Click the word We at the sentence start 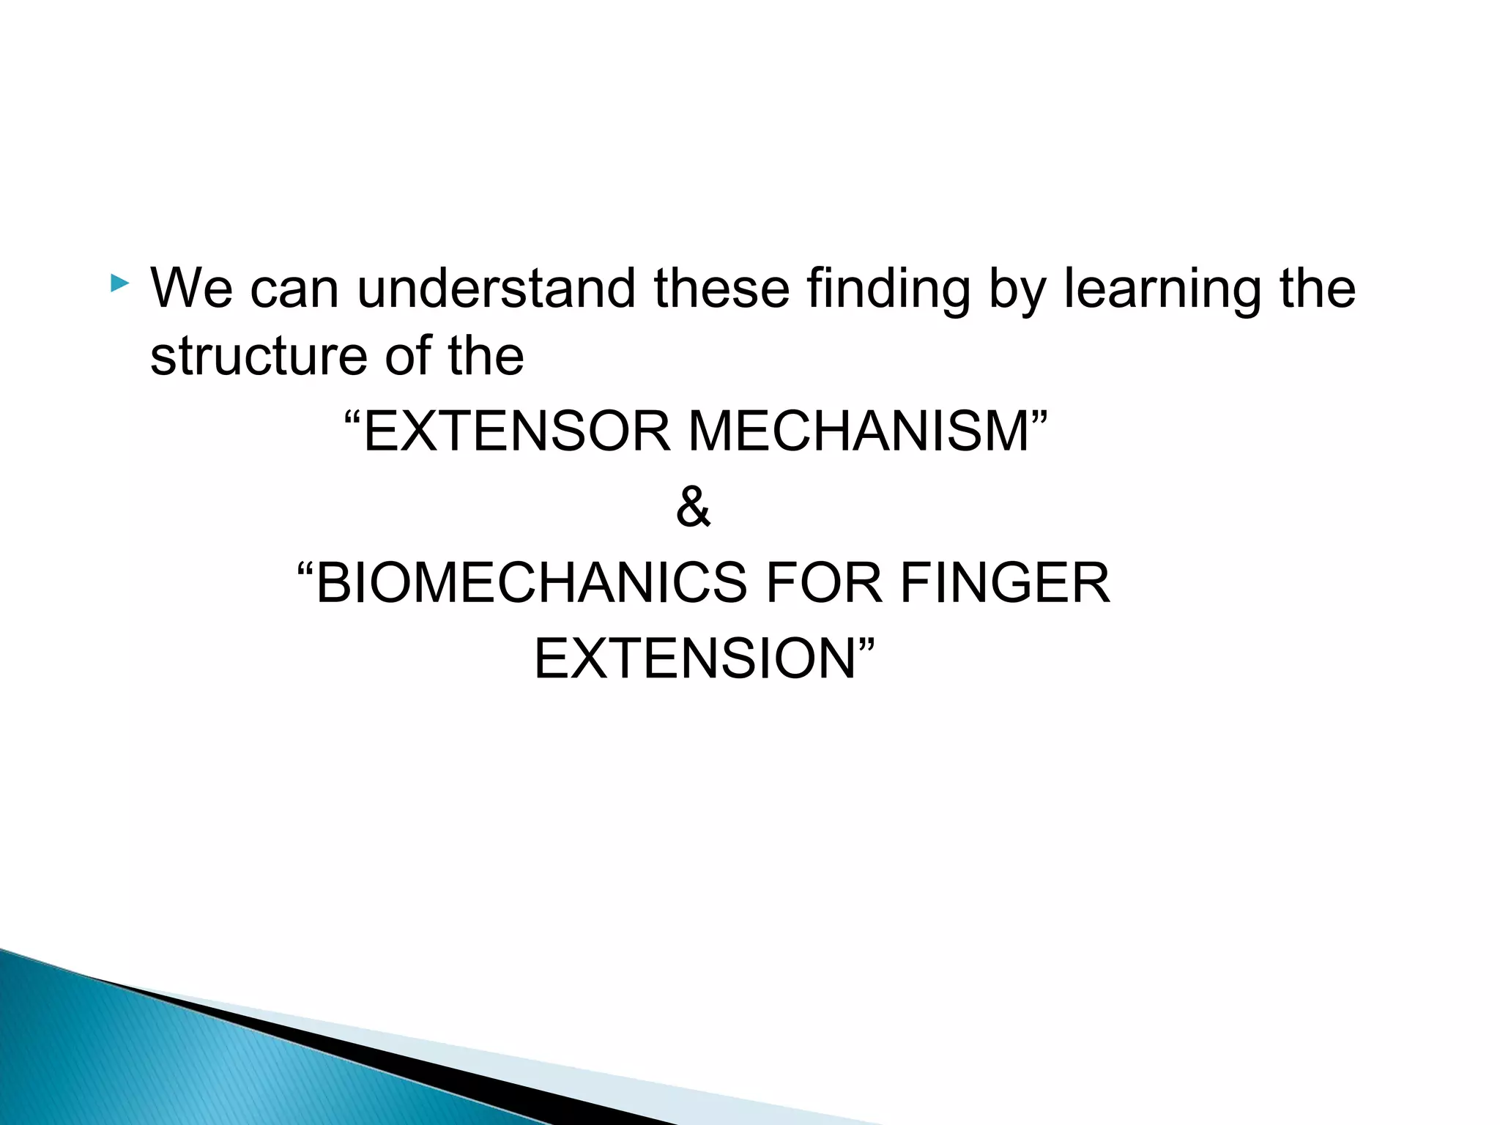click(x=191, y=289)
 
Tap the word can click(x=294, y=289)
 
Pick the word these click(x=721, y=289)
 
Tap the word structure click(x=259, y=357)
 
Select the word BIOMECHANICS click(x=530, y=583)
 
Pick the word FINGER click(x=1004, y=583)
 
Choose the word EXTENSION click(x=695, y=659)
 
